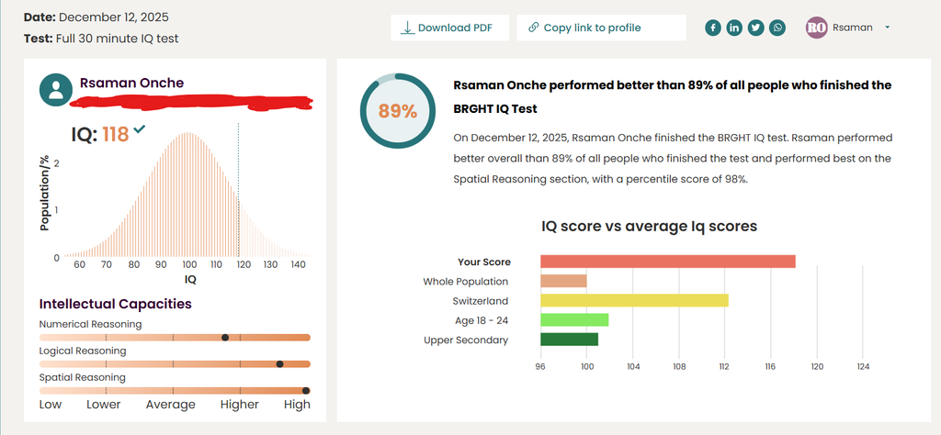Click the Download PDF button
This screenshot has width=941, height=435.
[449, 28]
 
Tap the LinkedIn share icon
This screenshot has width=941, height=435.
[734, 28]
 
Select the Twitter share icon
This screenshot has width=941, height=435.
[755, 28]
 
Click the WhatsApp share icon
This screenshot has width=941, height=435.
[778, 28]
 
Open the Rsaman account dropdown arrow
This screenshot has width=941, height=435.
[887, 28]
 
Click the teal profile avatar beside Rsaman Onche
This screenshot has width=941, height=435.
[56, 89]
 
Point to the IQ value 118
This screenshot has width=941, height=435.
[115, 135]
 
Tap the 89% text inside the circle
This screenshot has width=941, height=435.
[397, 111]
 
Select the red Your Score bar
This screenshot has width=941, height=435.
[667, 262]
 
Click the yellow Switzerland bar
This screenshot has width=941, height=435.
[634, 300]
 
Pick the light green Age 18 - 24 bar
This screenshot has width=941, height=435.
[574, 319]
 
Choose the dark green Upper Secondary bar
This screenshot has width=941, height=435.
[569, 340]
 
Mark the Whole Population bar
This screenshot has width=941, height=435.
[563, 281]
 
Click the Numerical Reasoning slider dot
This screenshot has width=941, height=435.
[225, 338]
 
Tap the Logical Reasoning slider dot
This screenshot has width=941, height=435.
[279, 364]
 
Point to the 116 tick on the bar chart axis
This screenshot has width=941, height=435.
[770, 366]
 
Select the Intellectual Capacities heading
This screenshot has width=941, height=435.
[115, 304]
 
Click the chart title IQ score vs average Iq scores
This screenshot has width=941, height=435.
[649, 226]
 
